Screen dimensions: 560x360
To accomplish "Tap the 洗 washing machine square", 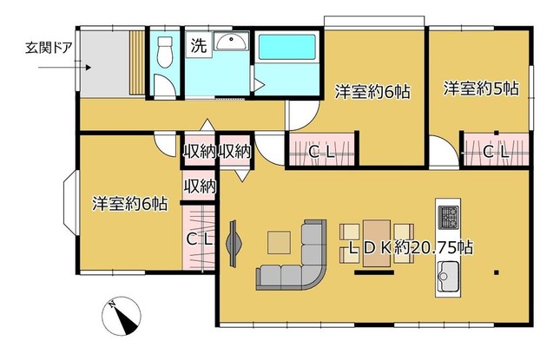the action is (199, 44).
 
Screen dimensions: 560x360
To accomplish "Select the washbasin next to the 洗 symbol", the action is (231, 42).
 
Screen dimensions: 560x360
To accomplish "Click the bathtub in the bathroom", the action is (287, 47).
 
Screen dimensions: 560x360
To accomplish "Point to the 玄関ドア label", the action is (49, 48).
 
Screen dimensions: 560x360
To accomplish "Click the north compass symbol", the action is (121, 316).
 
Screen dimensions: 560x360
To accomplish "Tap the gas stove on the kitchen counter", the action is (448, 218).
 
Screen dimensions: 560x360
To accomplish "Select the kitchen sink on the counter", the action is (447, 276).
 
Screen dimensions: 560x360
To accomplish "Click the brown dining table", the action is (377, 244).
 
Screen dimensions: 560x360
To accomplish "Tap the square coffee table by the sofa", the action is (279, 243).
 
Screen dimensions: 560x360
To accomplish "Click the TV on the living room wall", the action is (234, 244).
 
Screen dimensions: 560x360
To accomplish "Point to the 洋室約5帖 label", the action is (481, 88).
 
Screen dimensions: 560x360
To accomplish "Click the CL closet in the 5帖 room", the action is (496, 149).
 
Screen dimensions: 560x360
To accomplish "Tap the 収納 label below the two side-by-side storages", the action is (200, 186).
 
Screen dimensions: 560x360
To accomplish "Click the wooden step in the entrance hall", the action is (137, 62).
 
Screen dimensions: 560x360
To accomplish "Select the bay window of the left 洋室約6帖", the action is (70, 203).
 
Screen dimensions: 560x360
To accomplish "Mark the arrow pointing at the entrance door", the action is (64, 68).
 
